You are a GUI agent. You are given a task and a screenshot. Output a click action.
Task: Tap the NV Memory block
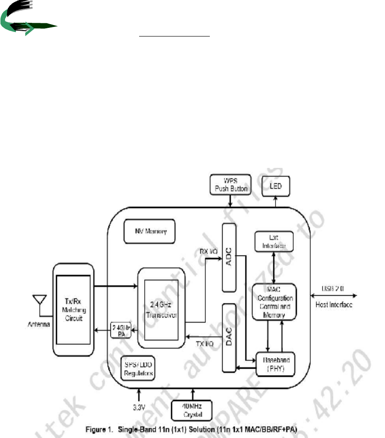[x=146, y=231]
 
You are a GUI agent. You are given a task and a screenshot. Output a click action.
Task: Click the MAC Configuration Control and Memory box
[x=274, y=302]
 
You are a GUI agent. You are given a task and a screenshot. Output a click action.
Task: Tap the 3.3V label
[x=139, y=404]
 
